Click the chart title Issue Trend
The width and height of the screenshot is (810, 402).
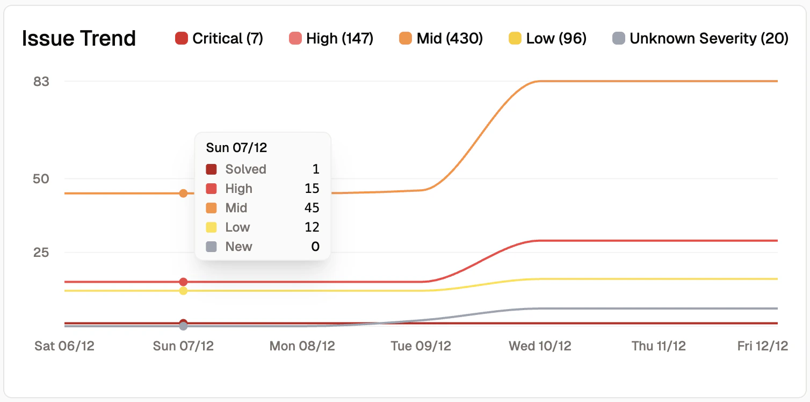79,39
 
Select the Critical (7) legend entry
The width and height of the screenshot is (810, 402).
219,39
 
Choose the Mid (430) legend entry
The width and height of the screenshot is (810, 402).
441,39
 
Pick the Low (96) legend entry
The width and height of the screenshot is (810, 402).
547,39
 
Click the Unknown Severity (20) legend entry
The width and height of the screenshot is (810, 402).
700,39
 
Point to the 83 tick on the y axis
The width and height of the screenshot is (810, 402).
41,82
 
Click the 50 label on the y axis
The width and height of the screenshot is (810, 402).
41,179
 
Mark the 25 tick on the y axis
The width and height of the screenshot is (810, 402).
41,253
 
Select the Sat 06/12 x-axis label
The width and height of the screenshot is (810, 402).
64,346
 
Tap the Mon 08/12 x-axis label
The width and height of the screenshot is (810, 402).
302,346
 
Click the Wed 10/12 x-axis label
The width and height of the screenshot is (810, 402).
540,346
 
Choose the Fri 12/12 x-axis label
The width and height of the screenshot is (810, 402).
762,346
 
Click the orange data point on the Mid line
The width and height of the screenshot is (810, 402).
183,193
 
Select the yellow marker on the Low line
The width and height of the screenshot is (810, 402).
183,291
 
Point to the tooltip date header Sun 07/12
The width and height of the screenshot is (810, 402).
236,148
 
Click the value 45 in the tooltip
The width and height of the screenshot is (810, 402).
312,208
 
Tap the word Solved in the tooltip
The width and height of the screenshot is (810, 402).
245,169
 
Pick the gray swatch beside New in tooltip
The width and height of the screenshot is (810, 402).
212,247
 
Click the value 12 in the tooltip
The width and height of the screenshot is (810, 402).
312,227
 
